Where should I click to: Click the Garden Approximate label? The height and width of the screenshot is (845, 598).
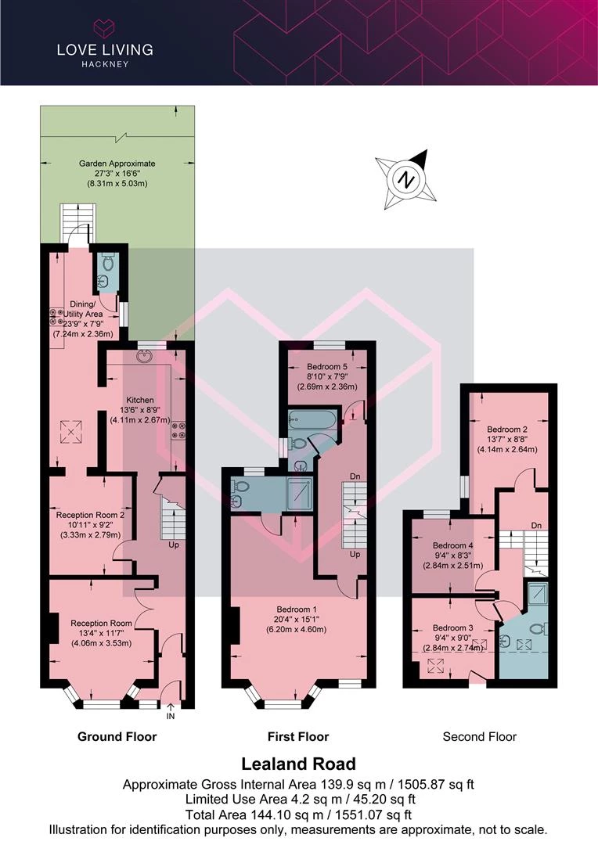point(117,164)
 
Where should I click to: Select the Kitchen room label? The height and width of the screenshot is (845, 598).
point(139,400)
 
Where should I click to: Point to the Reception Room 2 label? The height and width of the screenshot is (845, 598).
point(90,515)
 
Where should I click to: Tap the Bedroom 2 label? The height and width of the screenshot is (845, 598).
point(507,430)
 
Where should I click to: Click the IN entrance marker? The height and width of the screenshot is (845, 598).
point(171,716)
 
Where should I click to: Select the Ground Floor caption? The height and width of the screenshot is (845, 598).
point(117,737)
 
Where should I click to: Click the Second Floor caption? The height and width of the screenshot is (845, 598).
point(479,737)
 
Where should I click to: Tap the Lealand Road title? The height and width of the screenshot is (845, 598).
point(298,764)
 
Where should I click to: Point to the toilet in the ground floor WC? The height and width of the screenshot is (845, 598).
point(108,262)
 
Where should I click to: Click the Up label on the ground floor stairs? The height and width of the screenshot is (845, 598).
point(174,545)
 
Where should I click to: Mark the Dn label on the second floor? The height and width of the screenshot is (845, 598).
point(536,526)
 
